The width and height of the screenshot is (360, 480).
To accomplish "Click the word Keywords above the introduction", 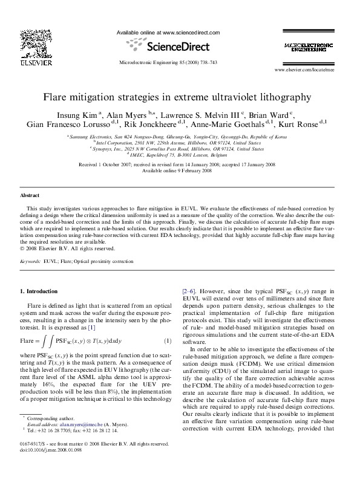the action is (x=30, y=262).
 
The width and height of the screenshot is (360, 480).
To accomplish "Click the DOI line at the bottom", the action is (x=51, y=465).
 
